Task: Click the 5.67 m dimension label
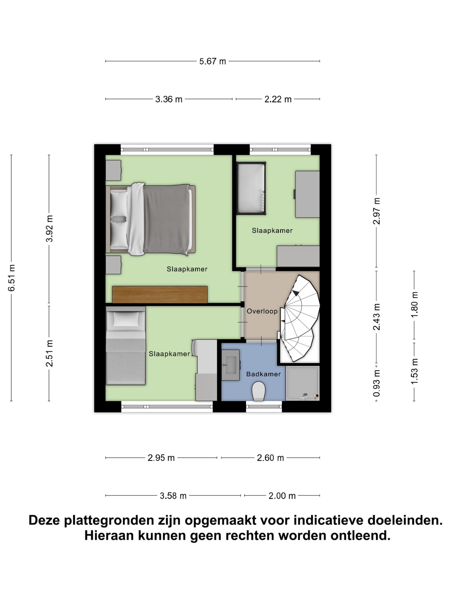[212, 61]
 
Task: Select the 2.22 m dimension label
[278, 99]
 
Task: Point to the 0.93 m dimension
[376, 383]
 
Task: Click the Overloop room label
[262, 311]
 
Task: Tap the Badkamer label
[263, 374]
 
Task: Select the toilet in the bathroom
[258, 391]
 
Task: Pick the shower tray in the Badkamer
[302, 383]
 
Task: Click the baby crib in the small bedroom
[251, 188]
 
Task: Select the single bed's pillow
[126, 319]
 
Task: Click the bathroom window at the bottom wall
[264, 407]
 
